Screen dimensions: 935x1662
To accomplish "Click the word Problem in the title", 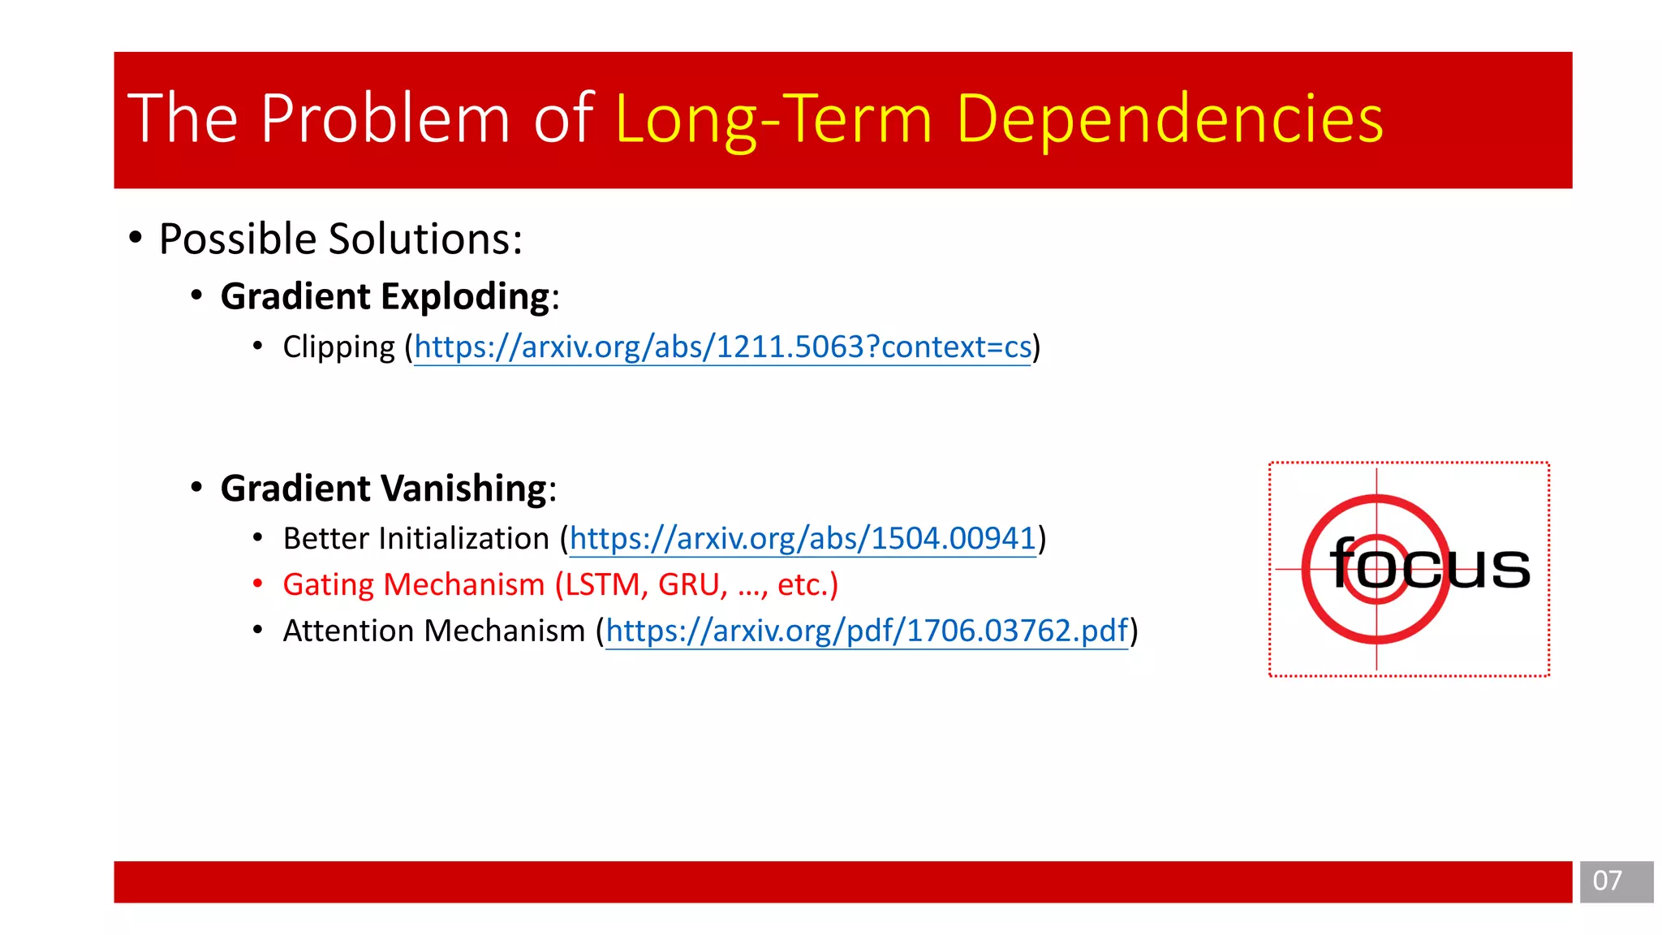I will [385, 119].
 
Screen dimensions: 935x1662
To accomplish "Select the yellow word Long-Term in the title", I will [774, 119].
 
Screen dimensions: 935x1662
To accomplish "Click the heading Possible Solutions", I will [341, 239].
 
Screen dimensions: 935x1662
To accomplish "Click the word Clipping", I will [338, 347].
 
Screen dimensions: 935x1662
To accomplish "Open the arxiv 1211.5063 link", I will [722, 347].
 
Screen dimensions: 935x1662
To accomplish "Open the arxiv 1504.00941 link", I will [803, 539].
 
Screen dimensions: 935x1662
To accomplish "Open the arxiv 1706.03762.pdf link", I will [867, 631].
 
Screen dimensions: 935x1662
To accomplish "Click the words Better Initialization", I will [416, 539].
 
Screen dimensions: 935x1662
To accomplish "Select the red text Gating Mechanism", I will [413, 585].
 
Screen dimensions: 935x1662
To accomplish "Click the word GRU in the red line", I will [688, 585].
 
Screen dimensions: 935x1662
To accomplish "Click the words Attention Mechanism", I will [433, 631].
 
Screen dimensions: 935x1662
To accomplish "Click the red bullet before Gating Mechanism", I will [257, 584].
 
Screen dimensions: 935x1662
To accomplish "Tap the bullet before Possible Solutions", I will [136, 238].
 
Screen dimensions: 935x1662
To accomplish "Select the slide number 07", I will [1607, 881].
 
